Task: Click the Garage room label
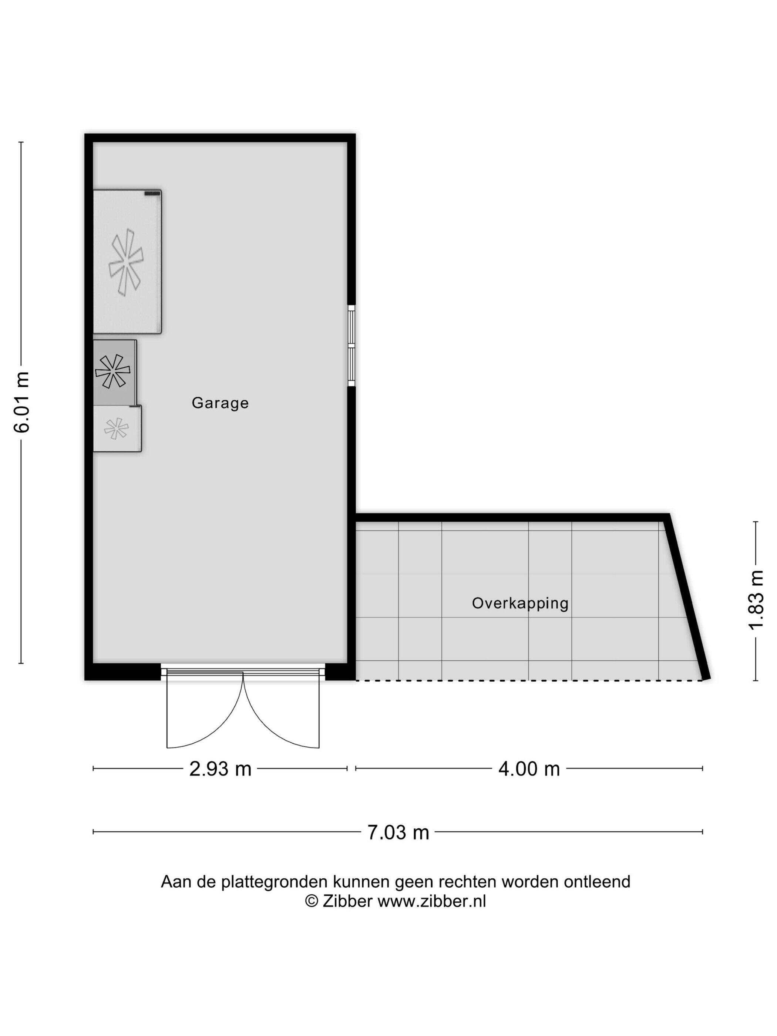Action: pos(220,403)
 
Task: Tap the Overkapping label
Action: pos(520,603)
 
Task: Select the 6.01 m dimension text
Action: pos(22,402)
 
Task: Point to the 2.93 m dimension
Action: pos(220,768)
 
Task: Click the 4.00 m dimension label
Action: pos(529,768)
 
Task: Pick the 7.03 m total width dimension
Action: pos(398,832)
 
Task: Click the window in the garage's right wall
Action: pos(351,346)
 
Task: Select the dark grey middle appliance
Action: pos(115,372)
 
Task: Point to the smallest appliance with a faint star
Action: pos(117,428)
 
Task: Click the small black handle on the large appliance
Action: pos(152,193)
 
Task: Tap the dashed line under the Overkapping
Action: pos(529,680)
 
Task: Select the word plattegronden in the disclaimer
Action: pos(275,882)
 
